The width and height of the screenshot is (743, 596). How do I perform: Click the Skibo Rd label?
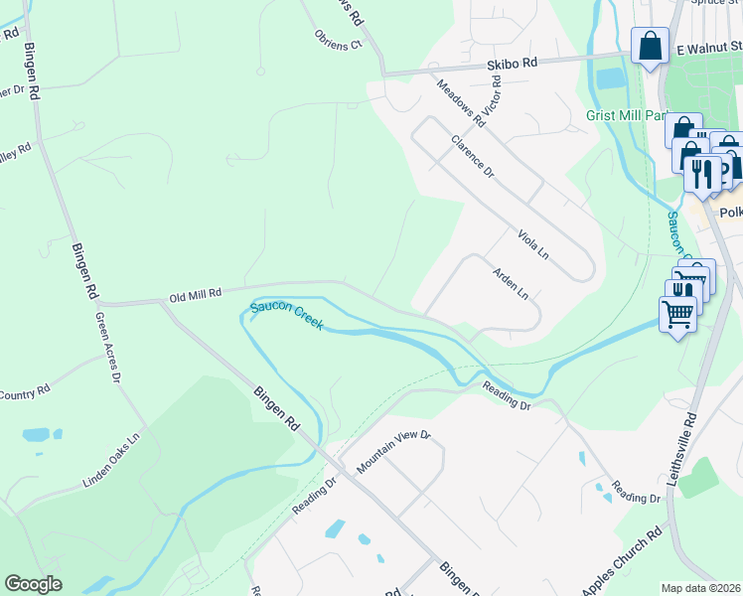(512, 62)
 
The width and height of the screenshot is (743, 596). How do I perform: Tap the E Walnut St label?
(708, 46)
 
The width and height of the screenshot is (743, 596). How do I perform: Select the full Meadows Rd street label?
(459, 102)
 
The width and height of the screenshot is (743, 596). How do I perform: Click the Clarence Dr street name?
(472, 156)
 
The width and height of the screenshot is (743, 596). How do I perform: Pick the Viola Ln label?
(533, 243)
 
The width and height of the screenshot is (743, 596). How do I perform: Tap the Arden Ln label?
(511, 283)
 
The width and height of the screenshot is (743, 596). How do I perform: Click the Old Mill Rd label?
(194, 296)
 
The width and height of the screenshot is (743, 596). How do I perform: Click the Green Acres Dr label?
(107, 348)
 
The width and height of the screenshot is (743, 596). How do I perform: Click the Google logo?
(33, 584)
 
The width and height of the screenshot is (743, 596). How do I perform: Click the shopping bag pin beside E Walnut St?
(650, 46)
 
